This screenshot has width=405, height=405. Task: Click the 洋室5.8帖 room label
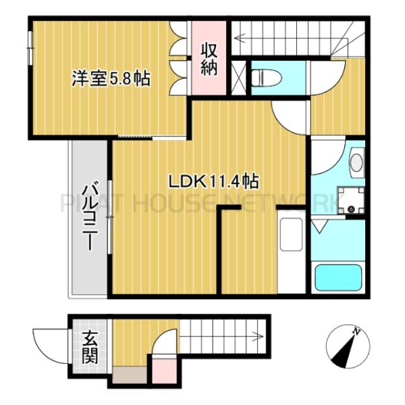click(111, 78)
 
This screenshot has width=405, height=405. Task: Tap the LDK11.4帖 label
click(212, 181)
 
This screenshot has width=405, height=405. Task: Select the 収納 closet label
click(208, 58)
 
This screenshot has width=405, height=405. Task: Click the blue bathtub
click(340, 277)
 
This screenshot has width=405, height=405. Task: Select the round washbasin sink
click(356, 162)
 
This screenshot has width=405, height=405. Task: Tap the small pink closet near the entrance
click(162, 373)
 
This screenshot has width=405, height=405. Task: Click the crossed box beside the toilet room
click(239, 76)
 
